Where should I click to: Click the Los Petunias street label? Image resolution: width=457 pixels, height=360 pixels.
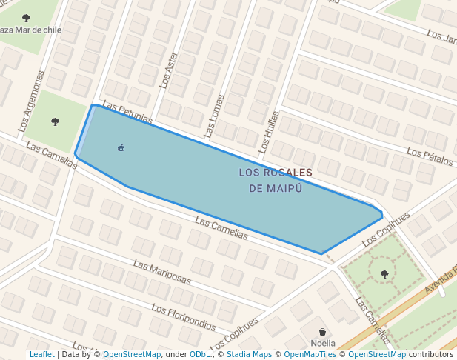coord(127,113)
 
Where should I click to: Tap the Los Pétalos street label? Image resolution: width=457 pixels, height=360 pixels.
coord(430,156)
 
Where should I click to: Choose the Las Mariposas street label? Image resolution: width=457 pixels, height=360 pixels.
coord(162,273)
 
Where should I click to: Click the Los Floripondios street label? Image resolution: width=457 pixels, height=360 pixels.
coord(183,318)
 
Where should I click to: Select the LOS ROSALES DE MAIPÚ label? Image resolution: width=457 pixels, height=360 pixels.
coord(276,180)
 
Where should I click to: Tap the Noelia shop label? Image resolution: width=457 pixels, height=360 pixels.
coord(322,343)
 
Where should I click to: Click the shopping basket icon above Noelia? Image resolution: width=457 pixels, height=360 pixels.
coord(322,331)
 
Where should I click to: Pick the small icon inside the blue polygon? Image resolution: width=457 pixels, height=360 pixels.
coord(121,147)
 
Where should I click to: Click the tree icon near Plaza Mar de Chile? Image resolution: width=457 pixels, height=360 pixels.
coord(27,17)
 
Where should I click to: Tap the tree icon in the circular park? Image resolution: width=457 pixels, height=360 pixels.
coord(384,274)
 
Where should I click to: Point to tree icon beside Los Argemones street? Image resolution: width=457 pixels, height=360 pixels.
coord(55,121)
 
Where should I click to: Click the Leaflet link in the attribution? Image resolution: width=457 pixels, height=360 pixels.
coord(42,355)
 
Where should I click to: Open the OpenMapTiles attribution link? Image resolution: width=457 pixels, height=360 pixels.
coord(310,355)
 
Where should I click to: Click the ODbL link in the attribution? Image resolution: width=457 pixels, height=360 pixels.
coord(199,355)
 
